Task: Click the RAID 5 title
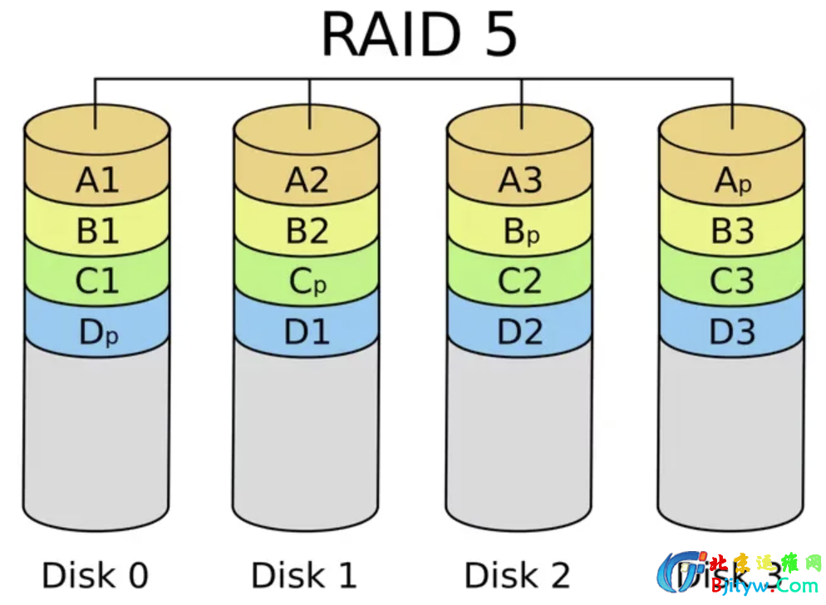(x=419, y=35)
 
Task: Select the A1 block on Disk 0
(x=97, y=180)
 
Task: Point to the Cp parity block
(x=307, y=282)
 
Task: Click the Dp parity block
(x=97, y=333)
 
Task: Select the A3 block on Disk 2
(x=520, y=180)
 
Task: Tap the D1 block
(x=307, y=332)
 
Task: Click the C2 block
(x=520, y=282)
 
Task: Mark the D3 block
(x=732, y=332)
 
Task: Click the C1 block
(x=97, y=282)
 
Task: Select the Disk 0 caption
(x=95, y=574)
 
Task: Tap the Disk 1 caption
(x=304, y=574)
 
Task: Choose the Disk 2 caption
(x=517, y=574)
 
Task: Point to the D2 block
(x=520, y=332)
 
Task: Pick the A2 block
(x=307, y=180)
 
